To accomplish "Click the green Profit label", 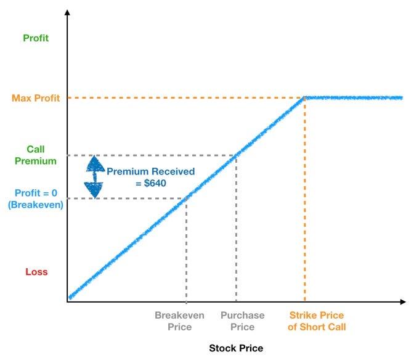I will [x=35, y=38].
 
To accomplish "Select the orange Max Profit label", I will [x=35, y=98].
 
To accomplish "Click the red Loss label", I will [x=36, y=272].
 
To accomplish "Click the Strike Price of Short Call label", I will [x=316, y=321].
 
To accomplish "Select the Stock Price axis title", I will [x=236, y=348].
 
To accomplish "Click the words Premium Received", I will [x=151, y=171].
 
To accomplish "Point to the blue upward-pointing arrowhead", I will [x=94, y=164].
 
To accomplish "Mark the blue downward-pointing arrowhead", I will [x=94, y=189].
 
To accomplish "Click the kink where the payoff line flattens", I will [x=305, y=97].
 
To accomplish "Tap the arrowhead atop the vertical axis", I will [x=67, y=12].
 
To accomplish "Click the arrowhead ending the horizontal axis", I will [x=402, y=302].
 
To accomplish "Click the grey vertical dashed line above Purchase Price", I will [x=237, y=228].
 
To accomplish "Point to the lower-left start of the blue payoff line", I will [x=71, y=297].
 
